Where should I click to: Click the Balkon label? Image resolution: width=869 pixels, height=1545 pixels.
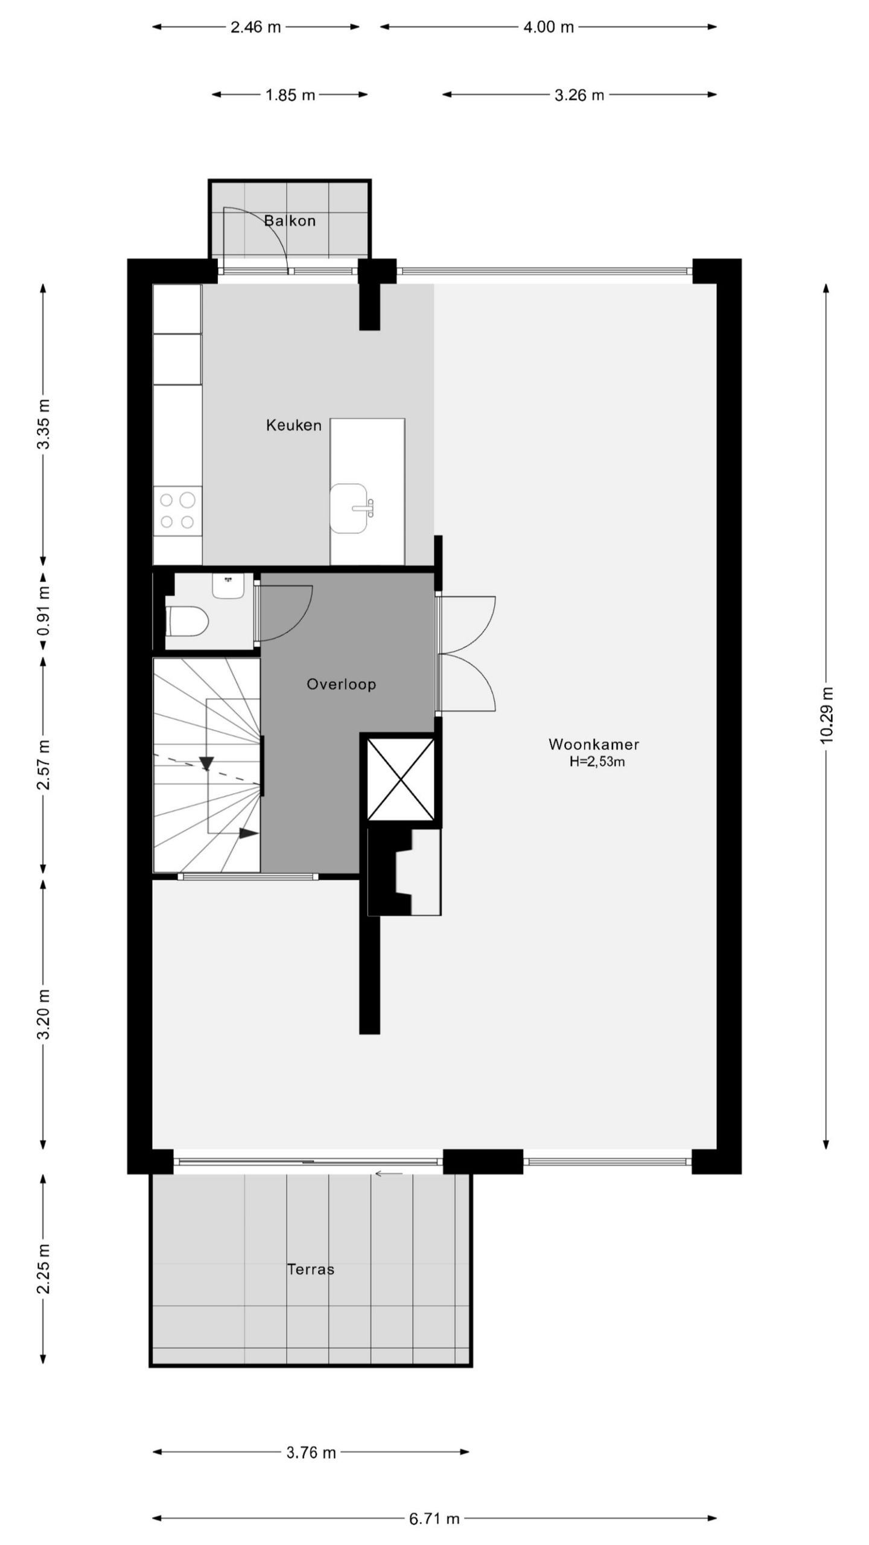(x=290, y=221)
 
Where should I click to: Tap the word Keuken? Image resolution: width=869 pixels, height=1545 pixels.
(x=294, y=425)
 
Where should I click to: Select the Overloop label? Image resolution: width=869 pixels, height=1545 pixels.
(x=341, y=684)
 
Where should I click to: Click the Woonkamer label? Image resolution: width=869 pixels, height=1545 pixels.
(x=593, y=744)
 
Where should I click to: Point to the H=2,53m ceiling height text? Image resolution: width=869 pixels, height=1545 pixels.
(x=597, y=762)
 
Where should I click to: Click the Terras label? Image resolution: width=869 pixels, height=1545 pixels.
(x=310, y=1269)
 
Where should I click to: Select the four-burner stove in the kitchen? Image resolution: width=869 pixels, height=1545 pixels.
(x=177, y=511)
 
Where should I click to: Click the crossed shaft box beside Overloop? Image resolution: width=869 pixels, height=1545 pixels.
(x=401, y=779)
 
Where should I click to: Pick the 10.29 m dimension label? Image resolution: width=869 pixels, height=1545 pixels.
(x=827, y=715)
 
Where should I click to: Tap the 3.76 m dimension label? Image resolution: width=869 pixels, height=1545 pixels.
(x=311, y=1453)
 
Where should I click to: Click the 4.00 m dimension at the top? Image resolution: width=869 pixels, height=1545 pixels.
(x=548, y=27)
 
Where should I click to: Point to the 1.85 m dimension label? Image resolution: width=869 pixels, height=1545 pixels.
(x=290, y=95)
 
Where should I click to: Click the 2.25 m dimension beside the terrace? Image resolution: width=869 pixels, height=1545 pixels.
(x=44, y=1268)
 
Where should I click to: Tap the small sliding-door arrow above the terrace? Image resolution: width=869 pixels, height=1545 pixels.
(x=389, y=1174)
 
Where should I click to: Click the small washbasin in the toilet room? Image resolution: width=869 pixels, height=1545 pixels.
(x=228, y=586)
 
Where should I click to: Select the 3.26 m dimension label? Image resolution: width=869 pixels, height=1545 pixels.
(x=579, y=95)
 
